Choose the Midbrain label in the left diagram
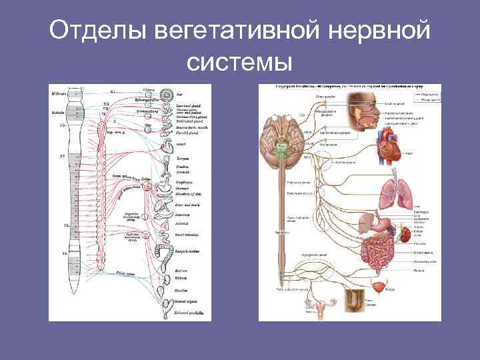coord(59,94)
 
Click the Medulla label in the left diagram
coord(58,113)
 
